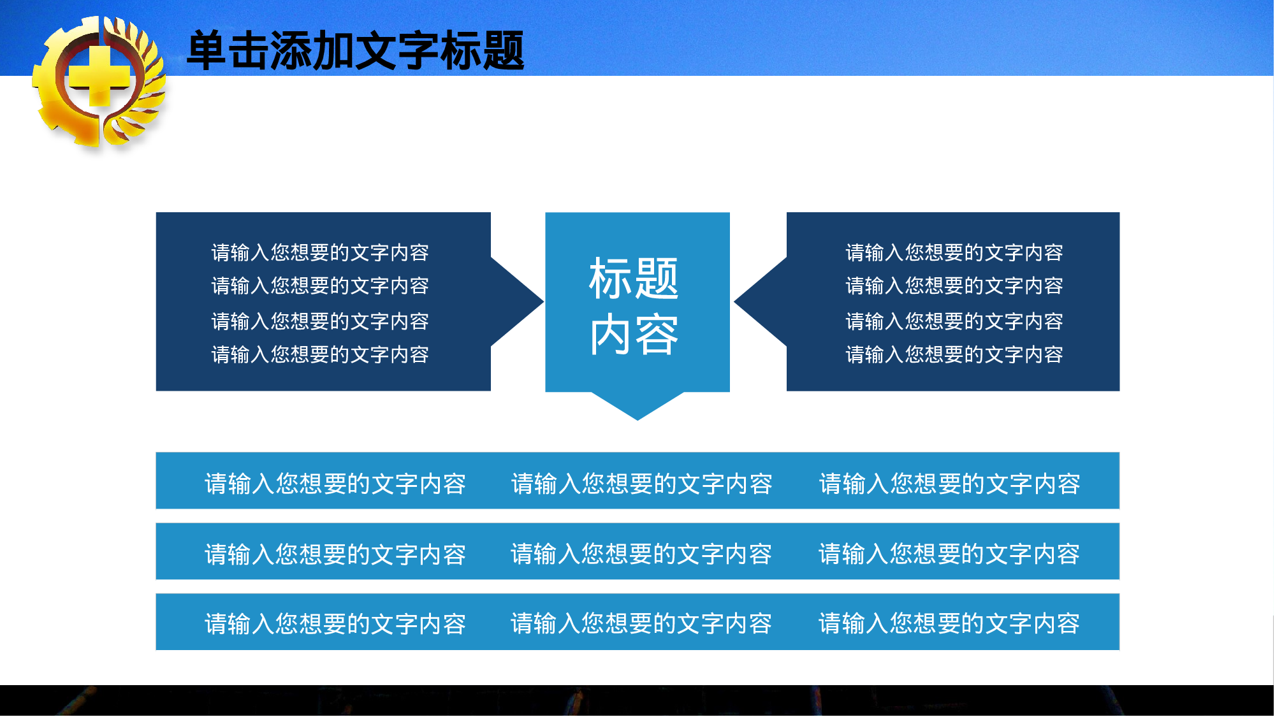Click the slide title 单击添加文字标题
coord(355,50)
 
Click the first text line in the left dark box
coord(320,252)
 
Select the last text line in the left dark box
coord(320,354)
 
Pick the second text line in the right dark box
coord(954,286)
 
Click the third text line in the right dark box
coord(954,321)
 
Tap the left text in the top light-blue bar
coord(335,484)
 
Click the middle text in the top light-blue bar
coord(641,484)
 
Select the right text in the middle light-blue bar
coord(949,554)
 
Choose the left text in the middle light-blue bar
coord(335,554)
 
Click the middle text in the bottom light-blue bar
coord(641,623)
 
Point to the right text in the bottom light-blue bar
coord(949,623)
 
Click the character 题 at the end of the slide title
coord(504,50)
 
